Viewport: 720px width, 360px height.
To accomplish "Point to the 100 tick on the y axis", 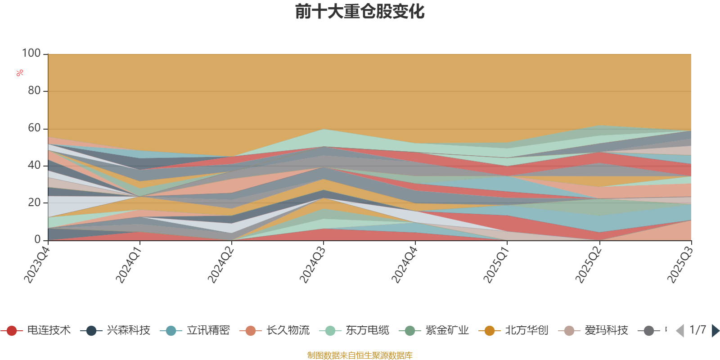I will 31,54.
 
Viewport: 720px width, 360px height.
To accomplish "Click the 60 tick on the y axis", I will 34,128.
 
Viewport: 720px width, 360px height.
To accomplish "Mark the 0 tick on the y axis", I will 38,240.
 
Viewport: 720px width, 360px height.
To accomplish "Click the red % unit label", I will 20,72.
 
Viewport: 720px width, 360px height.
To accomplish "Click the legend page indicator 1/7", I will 697,330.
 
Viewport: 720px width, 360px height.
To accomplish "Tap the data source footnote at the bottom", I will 360,355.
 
